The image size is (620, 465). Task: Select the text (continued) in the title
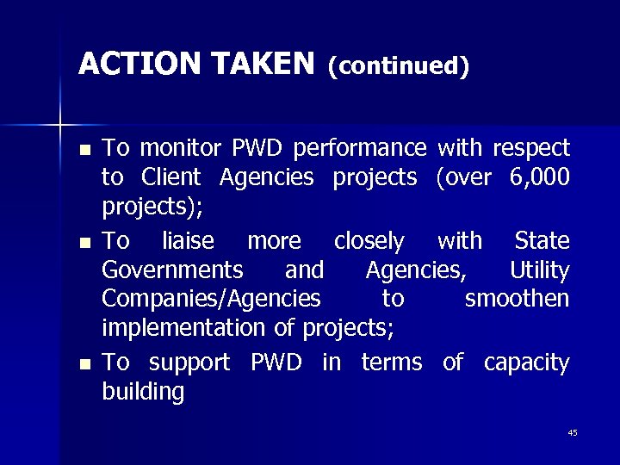pos(399,65)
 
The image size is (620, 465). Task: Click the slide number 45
pos(573,432)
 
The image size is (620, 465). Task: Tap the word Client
pos(170,177)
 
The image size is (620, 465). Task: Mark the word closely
pos(369,241)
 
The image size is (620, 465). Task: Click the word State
pos(542,240)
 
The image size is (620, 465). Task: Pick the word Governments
pos(172,270)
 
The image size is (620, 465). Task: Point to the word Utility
pos(539,271)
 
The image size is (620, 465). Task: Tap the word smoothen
pos(517,299)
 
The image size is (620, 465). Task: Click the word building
pos(143,394)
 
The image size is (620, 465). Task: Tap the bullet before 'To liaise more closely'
pos(84,242)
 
